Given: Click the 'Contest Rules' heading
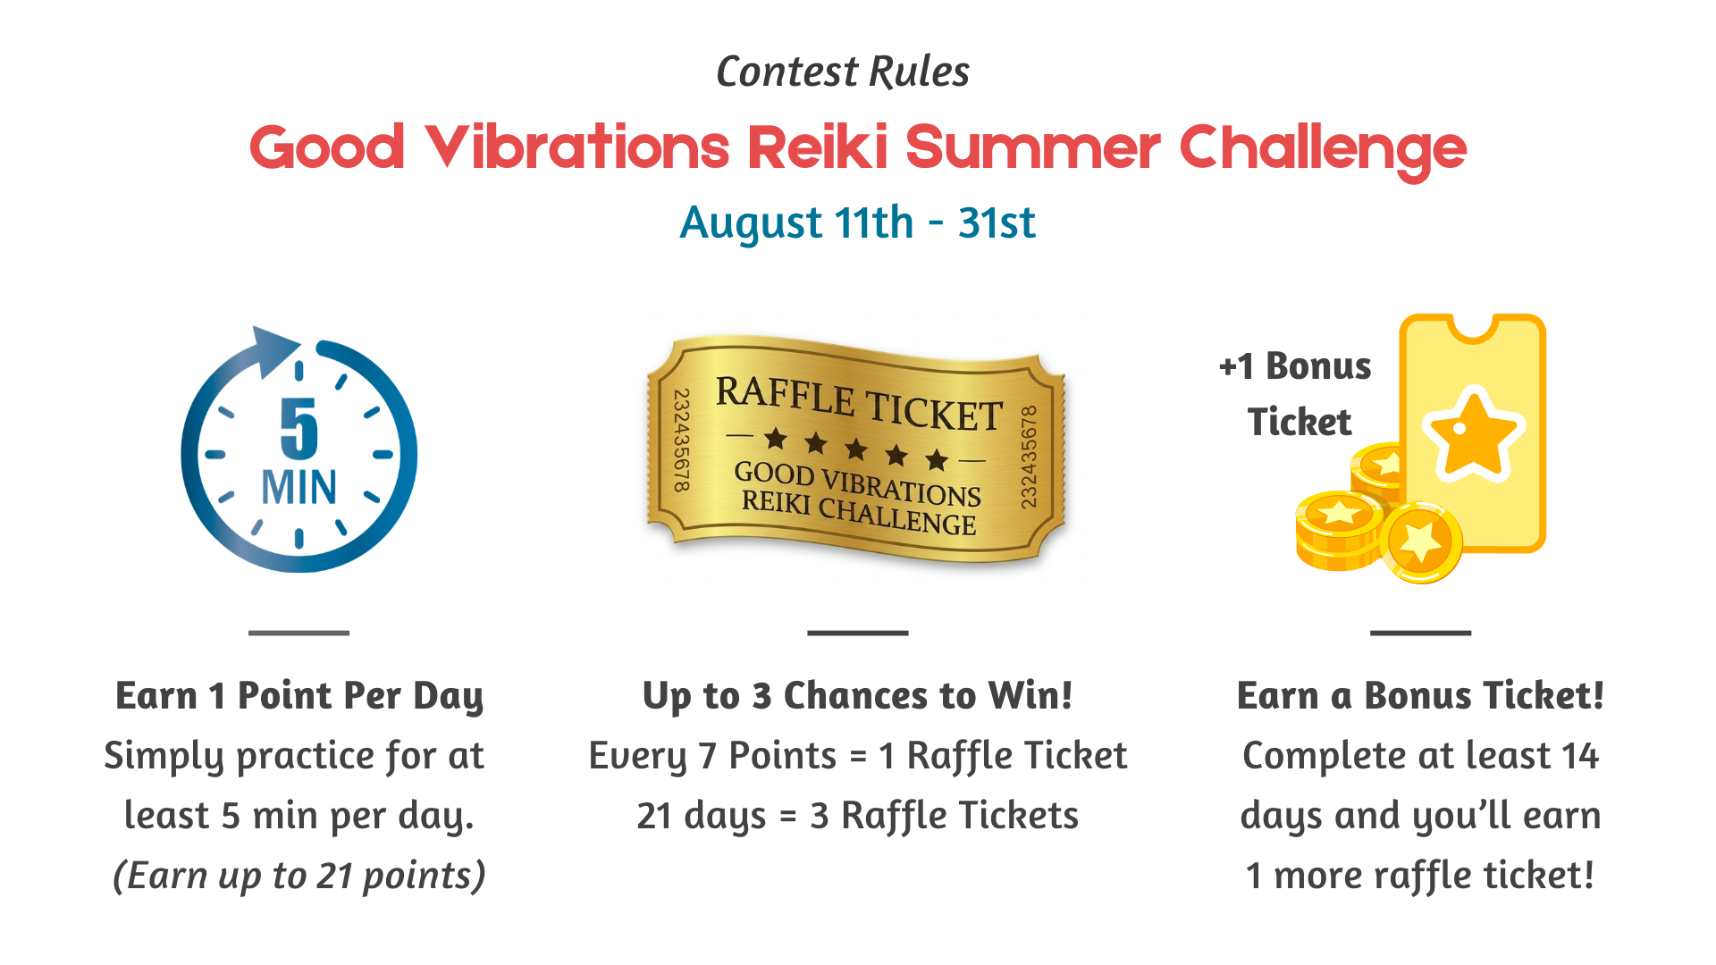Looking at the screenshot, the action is click(x=843, y=72).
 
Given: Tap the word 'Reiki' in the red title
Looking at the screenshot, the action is click(x=818, y=147).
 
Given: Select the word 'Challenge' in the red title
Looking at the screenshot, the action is click(x=1323, y=150).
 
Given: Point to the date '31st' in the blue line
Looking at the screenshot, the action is click(x=997, y=222).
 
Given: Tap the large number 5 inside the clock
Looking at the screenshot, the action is click(x=299, y=428).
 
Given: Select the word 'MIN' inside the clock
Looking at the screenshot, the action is click(x=299, y=488).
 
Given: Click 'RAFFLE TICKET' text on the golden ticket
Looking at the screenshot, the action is click(x=859, y=404).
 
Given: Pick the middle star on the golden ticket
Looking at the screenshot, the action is click(x=856, y=448).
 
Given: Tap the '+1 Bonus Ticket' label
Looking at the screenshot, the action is click(x=1297, y=394).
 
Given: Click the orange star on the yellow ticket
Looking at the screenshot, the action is click(x=1473, y=433).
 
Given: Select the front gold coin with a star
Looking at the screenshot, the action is click(x=1420, y=541).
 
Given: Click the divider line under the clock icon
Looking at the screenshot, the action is click(x=299, y=633).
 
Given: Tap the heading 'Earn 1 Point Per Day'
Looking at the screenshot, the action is click(x=299, y=696).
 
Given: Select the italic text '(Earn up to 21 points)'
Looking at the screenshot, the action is click(x=299, y=877).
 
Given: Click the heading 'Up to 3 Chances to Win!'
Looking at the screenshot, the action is click(x=858, y=696).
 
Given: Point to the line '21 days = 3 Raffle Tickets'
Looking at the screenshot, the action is click(x=858, y=816).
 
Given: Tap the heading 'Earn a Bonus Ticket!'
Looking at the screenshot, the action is click(x=1420, y=695).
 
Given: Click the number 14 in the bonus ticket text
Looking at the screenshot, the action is click(x=1579, y=756).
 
